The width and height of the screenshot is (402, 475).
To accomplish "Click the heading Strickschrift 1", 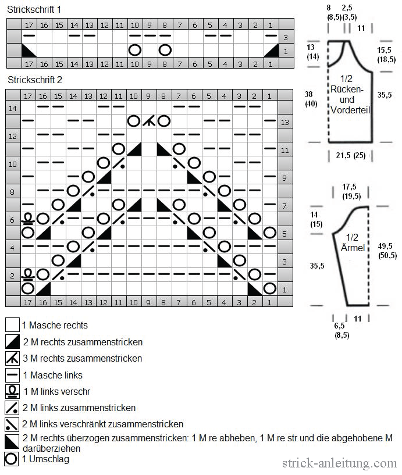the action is click(x=34, y=10).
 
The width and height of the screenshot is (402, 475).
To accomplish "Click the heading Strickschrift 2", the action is click(x=35, y=80).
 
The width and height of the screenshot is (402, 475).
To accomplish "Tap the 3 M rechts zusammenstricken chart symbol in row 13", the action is click(x=149, y=122).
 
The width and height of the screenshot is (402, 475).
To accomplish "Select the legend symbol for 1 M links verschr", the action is click(x=12, y=391).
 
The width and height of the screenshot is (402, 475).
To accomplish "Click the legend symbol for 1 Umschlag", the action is click(x=12, y=459).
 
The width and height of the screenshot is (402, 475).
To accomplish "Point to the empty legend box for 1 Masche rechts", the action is click(x=12, y=325).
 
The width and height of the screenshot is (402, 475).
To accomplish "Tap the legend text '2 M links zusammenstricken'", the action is click(x=79, y=408).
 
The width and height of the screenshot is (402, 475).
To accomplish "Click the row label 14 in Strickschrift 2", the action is click(x=13, y=108).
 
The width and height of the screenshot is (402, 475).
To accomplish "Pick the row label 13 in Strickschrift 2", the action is click(x=285, y=123).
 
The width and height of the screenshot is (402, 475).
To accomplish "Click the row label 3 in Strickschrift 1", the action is click(x=286, y=38).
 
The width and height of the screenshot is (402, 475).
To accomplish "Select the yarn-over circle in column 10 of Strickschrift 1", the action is click(x=134, y=50).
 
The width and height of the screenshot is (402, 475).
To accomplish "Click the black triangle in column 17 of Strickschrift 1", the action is click(x=29, y=50).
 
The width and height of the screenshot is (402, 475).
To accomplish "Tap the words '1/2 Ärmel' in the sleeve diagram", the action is click(x=353, y=242).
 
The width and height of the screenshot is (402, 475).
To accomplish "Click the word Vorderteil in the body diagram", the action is click(x=350, y=110).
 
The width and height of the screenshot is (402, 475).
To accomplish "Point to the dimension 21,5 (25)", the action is click(x=351, y=156).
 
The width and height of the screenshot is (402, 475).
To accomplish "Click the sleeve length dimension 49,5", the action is click(x=385, y=246).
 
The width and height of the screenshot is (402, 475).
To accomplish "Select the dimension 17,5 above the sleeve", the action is click(x=349, y=187).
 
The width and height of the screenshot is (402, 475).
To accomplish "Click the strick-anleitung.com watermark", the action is click(x=340, y=463).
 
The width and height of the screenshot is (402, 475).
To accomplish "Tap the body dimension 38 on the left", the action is click(x=308, y=94).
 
